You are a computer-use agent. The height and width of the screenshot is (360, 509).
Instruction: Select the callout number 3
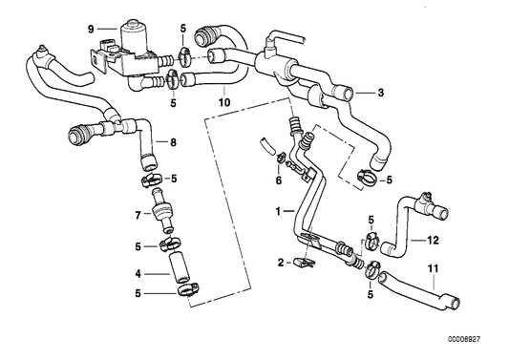coord(380,93)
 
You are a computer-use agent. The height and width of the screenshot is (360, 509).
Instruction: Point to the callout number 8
coord(173,142)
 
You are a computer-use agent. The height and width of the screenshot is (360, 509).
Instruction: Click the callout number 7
coord(138,214)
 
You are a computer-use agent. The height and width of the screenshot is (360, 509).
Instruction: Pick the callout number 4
coord(138,274)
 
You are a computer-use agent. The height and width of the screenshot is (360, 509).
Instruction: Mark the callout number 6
coord(278,180)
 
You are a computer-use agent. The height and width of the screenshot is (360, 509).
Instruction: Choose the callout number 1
coord(278,210)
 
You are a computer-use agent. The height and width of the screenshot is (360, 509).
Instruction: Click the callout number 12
coord(433,240)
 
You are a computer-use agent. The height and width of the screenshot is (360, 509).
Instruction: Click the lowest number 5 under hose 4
coord(138,294)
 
